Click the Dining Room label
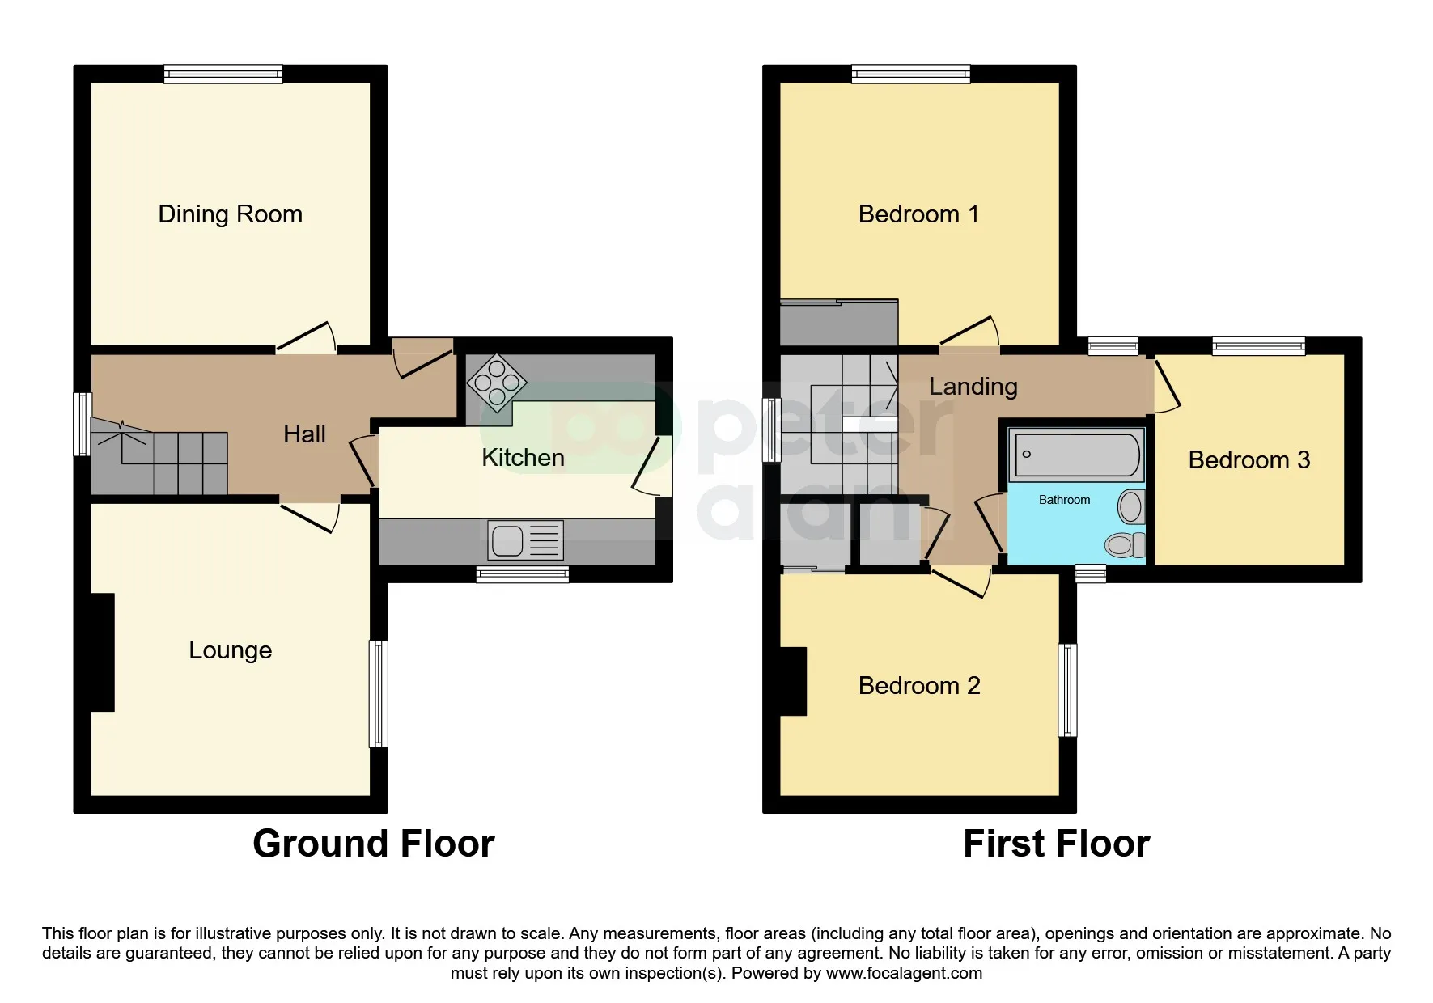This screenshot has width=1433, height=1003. coord(230,214)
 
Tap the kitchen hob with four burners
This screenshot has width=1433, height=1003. coord(497,383)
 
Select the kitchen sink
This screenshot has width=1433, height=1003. coord(525,540)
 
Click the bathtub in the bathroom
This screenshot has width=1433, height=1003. coord(1076,455)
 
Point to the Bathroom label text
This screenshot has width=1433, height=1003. coord(1064,500)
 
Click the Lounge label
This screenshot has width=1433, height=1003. coord(230,650)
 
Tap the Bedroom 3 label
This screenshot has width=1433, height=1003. coord(1249,460)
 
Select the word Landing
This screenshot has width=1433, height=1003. coord(973,387)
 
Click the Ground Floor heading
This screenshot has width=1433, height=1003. coord(373,844)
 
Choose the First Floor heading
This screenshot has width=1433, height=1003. coord(1056,844)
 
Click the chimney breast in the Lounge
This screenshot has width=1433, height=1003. coord(103,653)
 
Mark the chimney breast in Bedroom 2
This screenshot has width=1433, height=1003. coord(793,682)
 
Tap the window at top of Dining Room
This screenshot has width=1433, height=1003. coord(223,74)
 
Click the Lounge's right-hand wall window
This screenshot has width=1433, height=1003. coord(379,694)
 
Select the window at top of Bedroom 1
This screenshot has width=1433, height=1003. coord(911,74)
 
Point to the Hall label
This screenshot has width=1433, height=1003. coord(304,434)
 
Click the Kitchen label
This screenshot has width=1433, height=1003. coord(523,458)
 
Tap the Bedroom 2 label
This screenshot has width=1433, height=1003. coord(919,686)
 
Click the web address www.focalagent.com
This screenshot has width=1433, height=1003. coord(904,973)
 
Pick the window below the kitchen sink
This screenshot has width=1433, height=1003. coord(523,575)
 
